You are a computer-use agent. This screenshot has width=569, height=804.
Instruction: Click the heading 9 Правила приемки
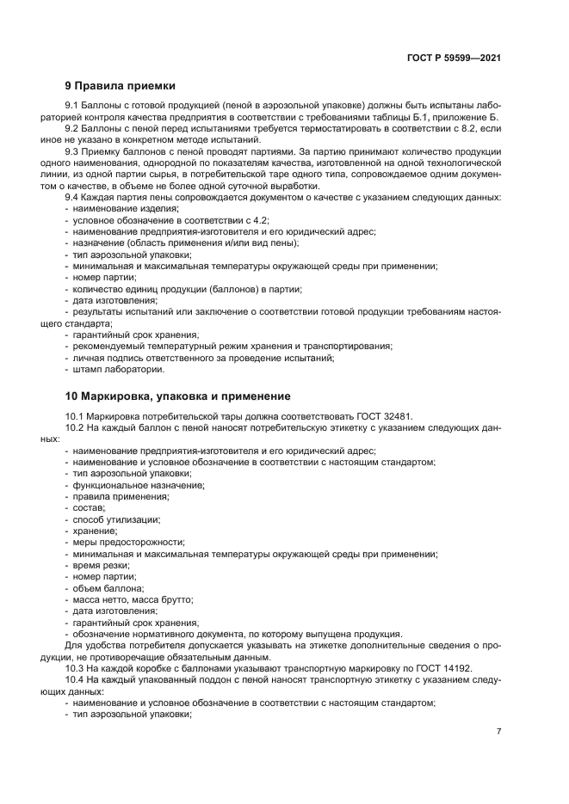click(x=121, y=86)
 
